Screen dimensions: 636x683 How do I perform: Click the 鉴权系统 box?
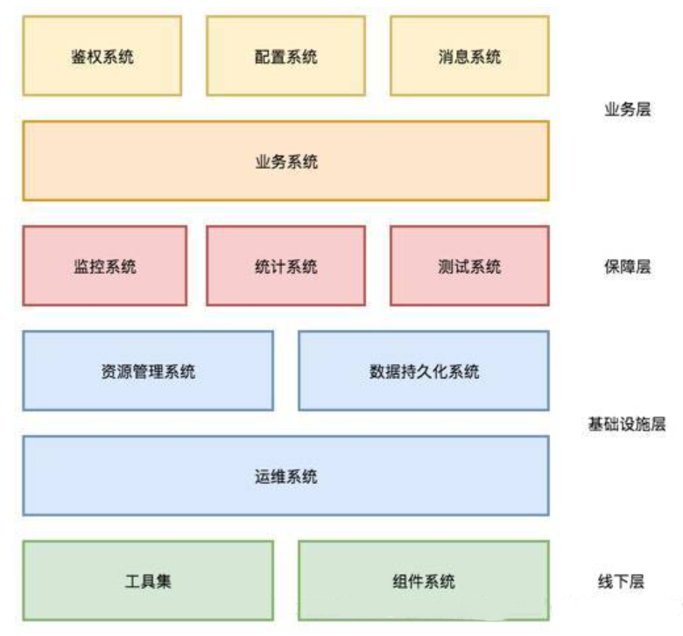(x=102, y=55)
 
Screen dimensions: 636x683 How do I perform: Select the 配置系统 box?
(x=285, y=55)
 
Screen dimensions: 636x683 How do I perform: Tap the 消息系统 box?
(x=469, y=55)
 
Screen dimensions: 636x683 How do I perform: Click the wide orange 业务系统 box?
(x=285, y=161)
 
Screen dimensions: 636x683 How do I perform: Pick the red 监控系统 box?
(x=105, y=266)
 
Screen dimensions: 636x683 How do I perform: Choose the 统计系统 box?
(x=285, y=266)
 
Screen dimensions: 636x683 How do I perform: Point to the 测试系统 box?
(x=469, y=266)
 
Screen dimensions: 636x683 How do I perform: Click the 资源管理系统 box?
(x=148, y=371)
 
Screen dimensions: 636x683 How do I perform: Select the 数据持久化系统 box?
(x=424, y=371)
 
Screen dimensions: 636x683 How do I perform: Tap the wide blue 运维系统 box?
(x=285, y=476)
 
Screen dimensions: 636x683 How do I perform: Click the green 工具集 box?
(x=148, y=581)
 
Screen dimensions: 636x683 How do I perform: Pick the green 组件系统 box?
(x=424, y=581)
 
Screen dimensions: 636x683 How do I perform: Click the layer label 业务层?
(x=627, y=109)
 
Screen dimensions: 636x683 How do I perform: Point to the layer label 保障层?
(x=627, y=267)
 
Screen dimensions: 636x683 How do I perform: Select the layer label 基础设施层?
(x=627, y=424)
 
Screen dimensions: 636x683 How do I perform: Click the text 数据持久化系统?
(x=424, y=372)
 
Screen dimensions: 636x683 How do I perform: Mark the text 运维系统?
(x=285, y=477)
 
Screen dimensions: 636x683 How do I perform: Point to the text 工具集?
(x=148, y=582)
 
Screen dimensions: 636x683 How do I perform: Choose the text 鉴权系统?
(x=102, y=57)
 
